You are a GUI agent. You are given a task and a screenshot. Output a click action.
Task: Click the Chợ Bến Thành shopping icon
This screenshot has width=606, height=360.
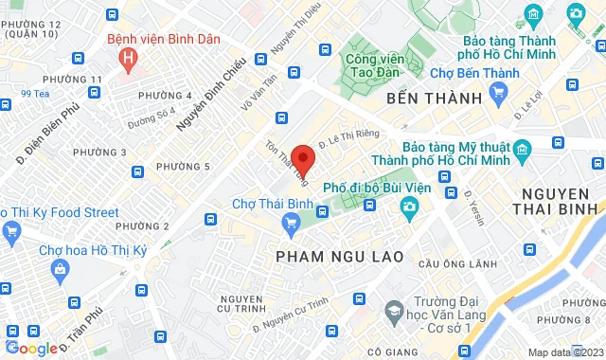tap(498, 92)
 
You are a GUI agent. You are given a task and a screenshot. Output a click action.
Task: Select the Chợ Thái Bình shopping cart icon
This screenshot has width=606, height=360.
tap(292, 222)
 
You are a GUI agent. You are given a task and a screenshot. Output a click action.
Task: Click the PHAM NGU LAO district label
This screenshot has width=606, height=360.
tap(339, 257)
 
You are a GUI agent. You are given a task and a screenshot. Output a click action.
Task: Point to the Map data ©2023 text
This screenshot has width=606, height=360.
tap(564, 352)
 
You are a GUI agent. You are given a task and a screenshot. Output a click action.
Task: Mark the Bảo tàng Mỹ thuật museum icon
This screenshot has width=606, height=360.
tap(520, 149)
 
